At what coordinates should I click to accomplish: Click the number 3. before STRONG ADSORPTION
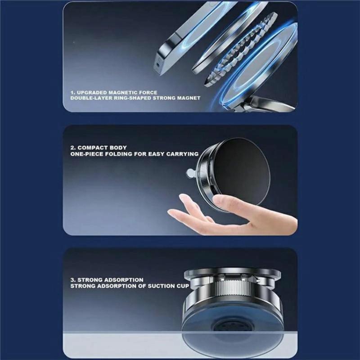tap(73, 280)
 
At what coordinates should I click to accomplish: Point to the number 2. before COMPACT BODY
tap(73, 148)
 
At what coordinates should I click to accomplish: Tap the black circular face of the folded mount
tap(241, 171)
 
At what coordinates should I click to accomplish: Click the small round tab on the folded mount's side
tap(190, 173)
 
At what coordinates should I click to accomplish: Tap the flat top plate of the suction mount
tap(232, 272)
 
